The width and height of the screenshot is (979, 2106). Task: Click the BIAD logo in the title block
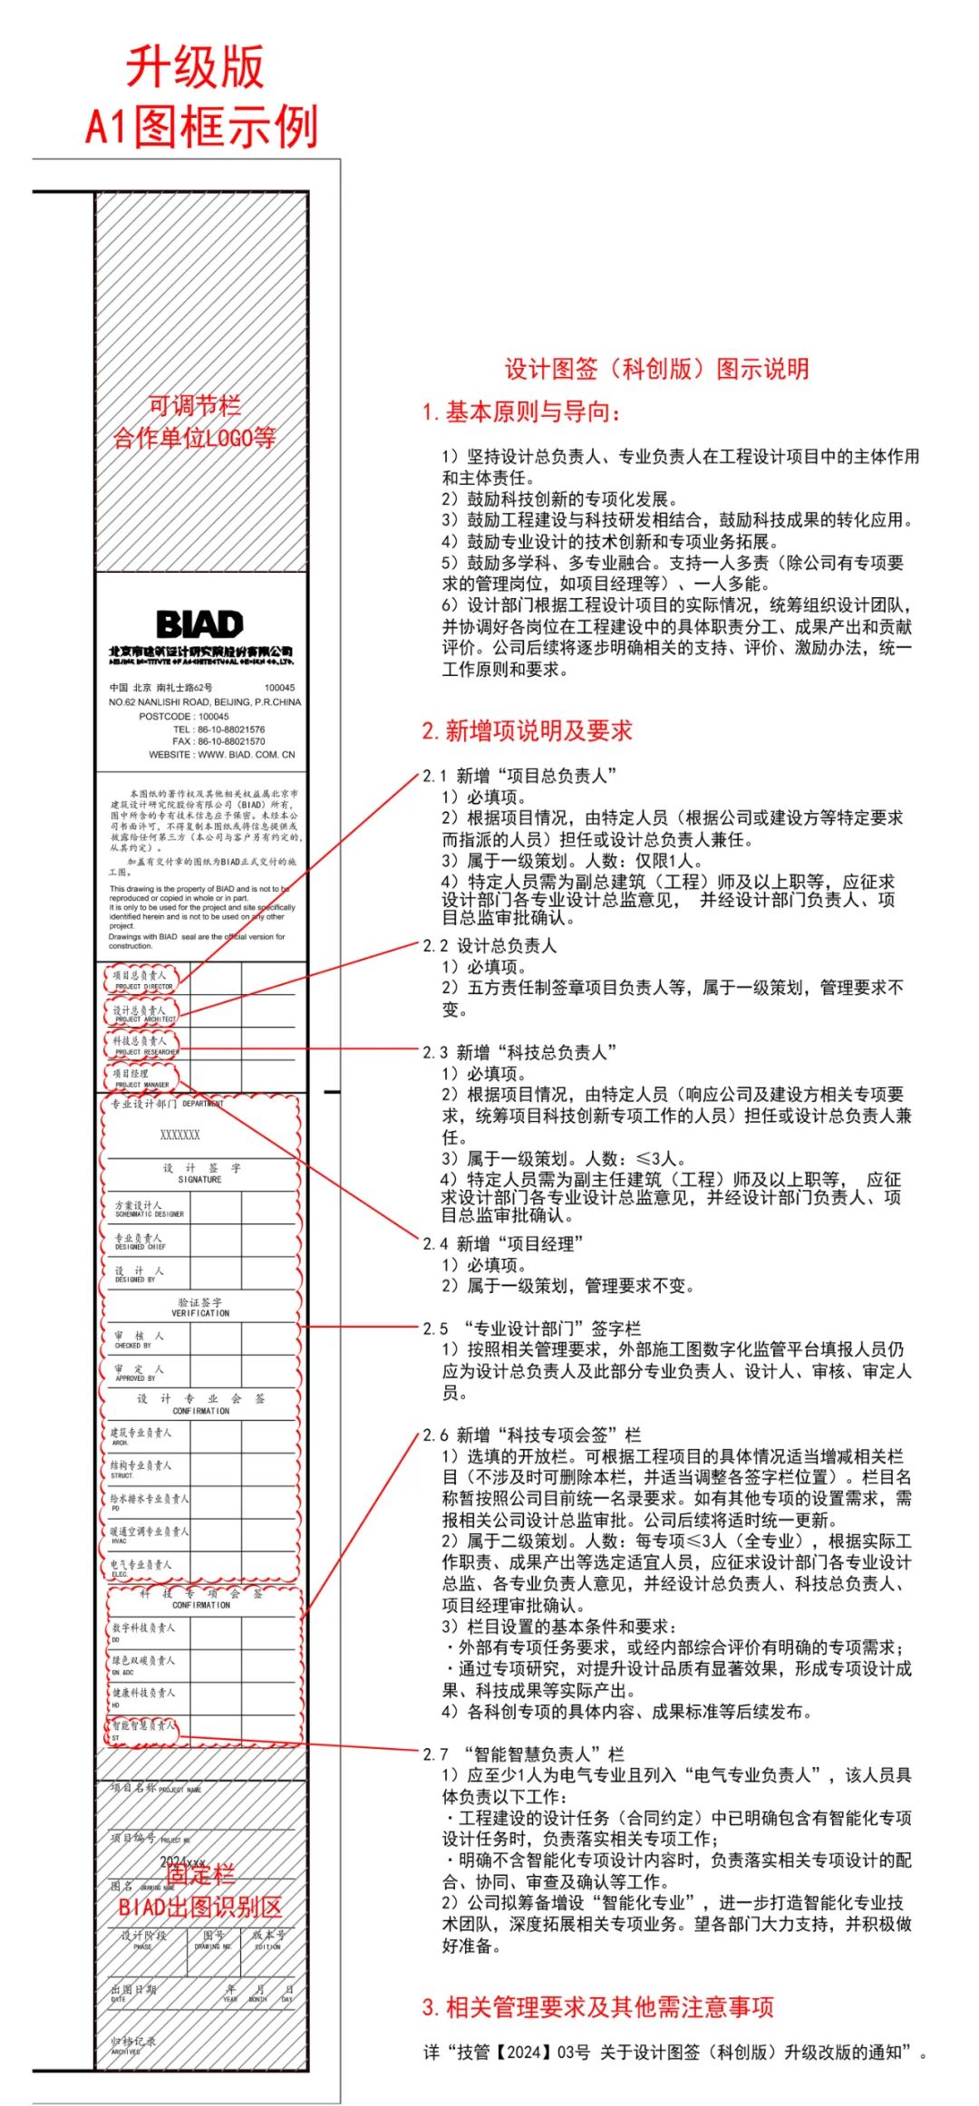point(199,623)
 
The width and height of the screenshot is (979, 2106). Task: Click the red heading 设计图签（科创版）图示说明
point(656,369)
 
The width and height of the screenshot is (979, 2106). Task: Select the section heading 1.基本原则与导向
point(522,412)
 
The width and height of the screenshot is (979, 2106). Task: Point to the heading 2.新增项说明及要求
point(527,730)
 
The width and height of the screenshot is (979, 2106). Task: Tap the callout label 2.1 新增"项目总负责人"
point(519,776)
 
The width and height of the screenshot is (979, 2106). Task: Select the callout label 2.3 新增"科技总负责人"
point(519,1052)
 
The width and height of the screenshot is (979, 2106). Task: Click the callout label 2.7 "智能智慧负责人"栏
point(523,1753)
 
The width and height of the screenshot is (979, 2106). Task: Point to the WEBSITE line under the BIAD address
point(222,754)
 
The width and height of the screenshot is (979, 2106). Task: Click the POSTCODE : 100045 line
point(184,716)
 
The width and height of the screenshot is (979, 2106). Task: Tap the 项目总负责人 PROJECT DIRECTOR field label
point(141,980)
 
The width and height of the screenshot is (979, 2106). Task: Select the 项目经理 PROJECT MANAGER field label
point(140,1077)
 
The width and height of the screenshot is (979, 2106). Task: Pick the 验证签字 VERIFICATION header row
point(199,1307)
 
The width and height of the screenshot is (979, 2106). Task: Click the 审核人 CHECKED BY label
point(139,1339)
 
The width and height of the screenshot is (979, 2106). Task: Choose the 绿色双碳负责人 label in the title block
point(143,1664)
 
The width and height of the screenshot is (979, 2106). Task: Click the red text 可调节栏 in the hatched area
point(194,405)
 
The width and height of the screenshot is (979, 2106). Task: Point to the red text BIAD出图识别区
point(200,1907)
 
